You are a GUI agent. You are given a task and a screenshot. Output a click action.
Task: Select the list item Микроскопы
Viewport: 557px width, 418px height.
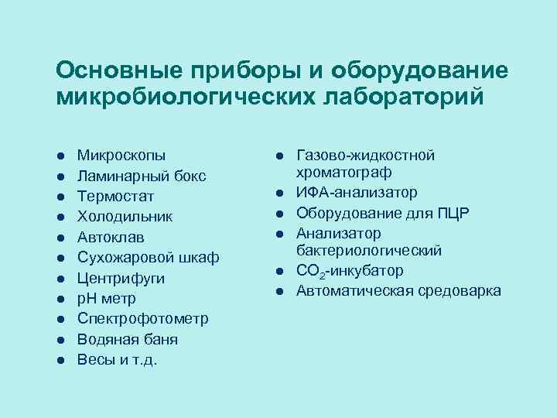click(x=121, y=156)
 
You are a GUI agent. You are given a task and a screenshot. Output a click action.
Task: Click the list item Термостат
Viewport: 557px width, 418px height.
click(x=115, y=197)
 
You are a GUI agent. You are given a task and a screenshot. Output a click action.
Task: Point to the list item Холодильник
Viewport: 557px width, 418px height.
click(x=125, y=217)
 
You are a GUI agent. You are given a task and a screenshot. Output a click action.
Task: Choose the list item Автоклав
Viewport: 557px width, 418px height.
click(x=111, y=237)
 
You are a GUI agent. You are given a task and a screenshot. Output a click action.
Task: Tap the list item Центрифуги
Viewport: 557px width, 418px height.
click(x=121, y=278)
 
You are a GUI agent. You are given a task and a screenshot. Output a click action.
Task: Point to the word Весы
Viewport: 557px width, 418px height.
click(x=94, y=360)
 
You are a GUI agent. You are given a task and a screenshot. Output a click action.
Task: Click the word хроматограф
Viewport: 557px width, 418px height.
click(x=347, y=172)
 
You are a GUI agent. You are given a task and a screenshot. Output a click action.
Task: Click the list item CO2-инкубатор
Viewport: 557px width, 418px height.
click(x=350, y=271)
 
